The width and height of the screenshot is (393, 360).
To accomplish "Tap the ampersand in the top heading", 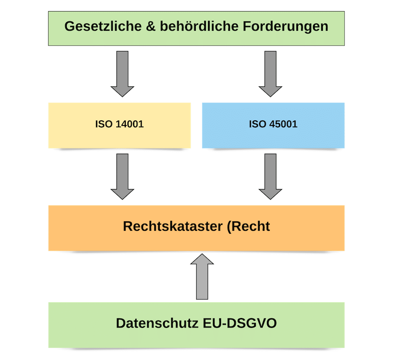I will point(151,26).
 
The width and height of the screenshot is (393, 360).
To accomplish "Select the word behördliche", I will point(199,26).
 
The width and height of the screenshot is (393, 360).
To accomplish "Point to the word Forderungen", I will point(285,26).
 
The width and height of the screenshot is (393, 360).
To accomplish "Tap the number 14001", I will point(130,124).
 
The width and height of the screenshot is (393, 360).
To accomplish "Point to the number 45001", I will point(283,124).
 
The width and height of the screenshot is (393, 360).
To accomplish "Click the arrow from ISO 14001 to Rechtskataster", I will point(122,176).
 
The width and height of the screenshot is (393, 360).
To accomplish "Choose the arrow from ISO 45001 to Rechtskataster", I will point(271,176).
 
